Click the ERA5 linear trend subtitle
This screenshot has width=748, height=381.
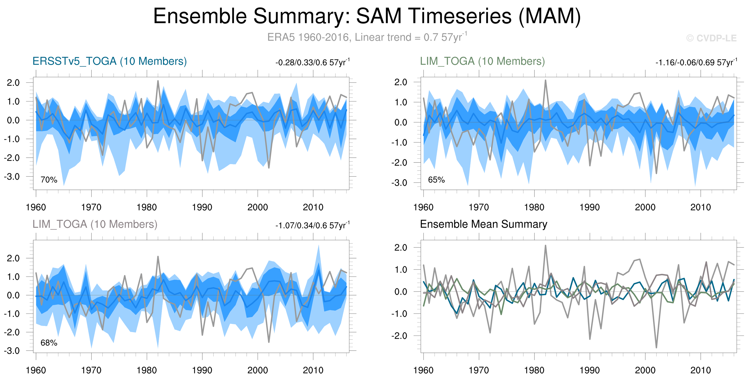(x=367, y=37)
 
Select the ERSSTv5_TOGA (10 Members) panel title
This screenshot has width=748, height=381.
(x=110, y=61)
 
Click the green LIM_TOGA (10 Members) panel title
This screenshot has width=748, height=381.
(x=482, y=61)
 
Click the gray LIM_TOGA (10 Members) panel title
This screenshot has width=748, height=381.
(x=95, y=224)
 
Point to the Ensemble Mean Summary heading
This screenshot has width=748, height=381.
(x=483, y=224)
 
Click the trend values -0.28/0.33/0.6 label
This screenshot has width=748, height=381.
(x=312, y=62)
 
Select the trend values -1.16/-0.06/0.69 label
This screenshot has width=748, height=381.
(x=696, y=62)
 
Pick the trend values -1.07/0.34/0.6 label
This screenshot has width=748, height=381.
(x=312, y=225)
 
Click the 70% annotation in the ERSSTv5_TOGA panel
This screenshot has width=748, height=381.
(x=49, y=180)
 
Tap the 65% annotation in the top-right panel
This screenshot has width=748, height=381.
(x=436, y=180)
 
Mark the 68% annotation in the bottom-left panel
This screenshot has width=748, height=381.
(x=49, y=343)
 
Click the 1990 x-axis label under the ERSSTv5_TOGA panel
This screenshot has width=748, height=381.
(x=202, y=207)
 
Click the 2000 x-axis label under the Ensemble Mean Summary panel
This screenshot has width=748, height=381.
(x=645, y=370)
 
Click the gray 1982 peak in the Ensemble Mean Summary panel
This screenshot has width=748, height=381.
(x=545, y=246)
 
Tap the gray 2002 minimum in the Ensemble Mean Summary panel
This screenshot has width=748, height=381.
(x=656, y=347)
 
